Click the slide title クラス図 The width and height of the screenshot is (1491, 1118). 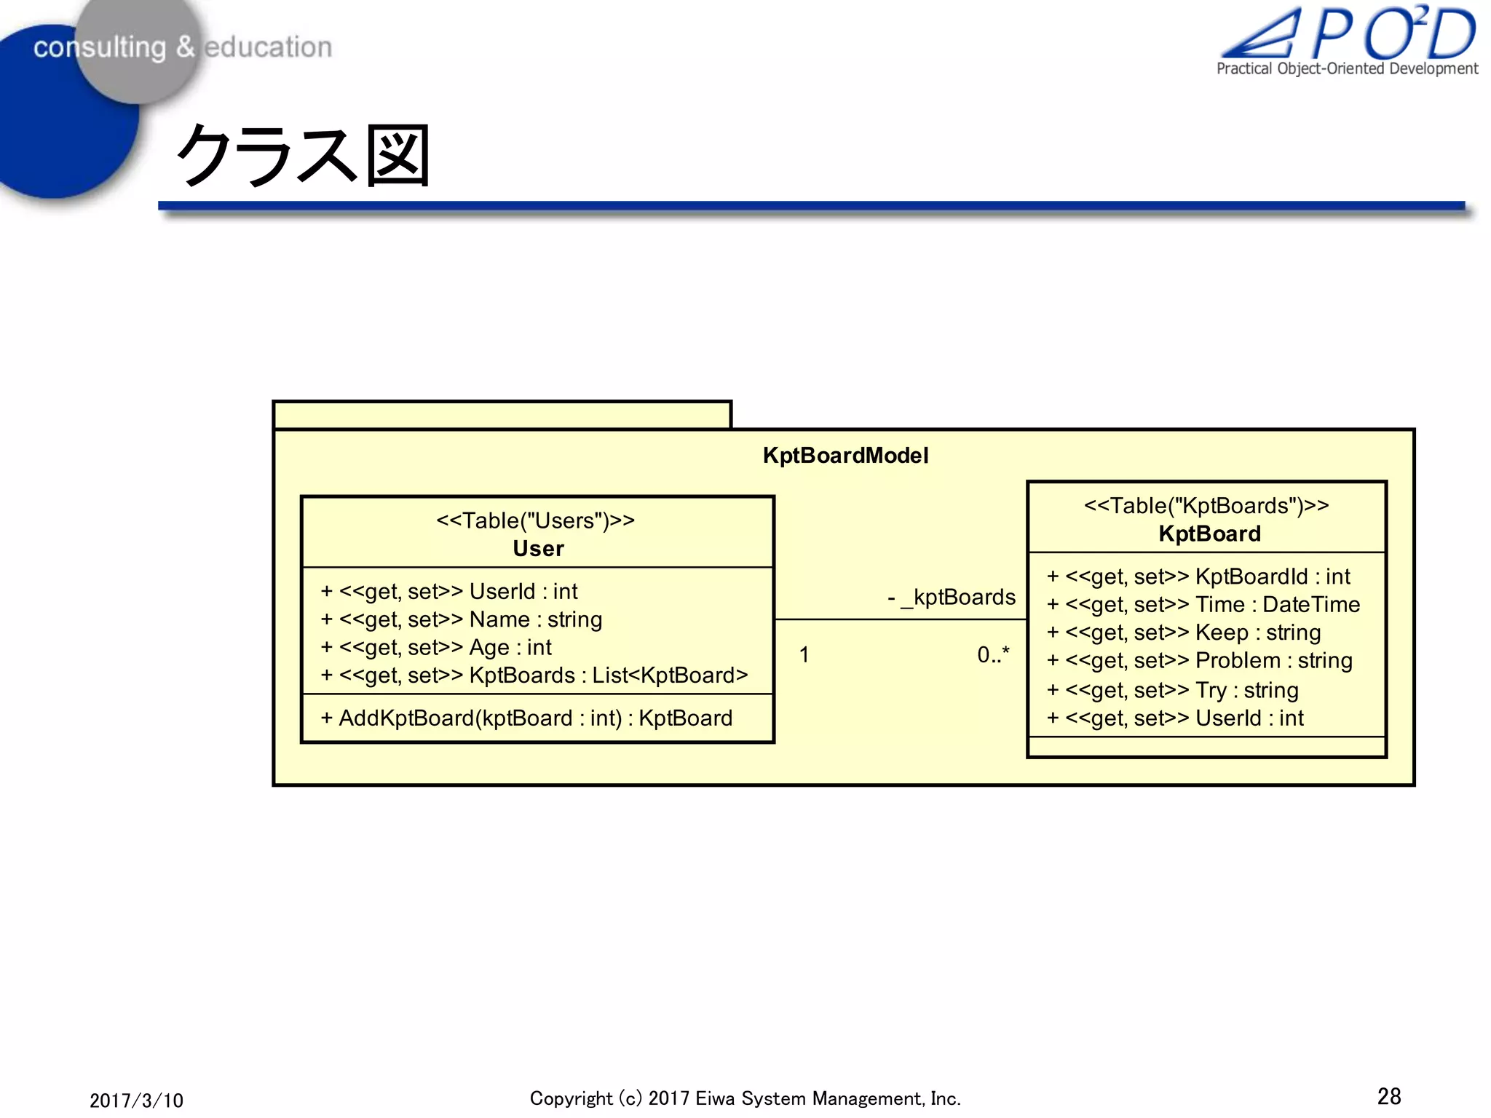point(303,155)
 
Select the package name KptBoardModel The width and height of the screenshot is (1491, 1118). point(845,456)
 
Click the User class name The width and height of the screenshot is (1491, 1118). point(538,549)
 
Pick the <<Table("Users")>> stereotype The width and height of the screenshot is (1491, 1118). point(536,520)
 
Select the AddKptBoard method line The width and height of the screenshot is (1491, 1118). point(526,718)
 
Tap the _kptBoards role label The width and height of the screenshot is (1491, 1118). point(952,598)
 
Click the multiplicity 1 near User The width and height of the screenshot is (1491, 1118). point(804,655)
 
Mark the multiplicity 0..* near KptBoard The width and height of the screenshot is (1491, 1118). point(993,655)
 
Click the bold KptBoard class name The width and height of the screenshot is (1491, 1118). point(1209,534)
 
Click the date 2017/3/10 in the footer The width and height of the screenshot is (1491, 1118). point(136,1100)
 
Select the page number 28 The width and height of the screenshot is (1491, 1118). point(1389,1096)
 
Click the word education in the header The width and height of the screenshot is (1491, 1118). point(268,47)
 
